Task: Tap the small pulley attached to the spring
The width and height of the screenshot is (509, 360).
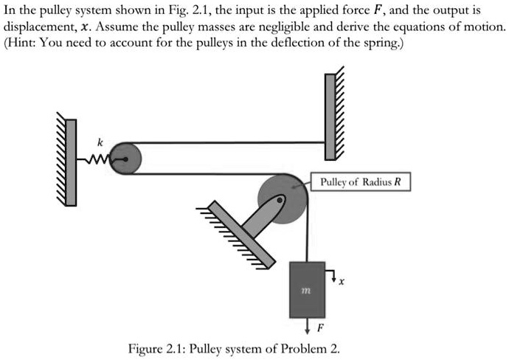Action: (x=125, y=158)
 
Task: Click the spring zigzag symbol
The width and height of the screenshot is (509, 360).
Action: (x=97, y=158)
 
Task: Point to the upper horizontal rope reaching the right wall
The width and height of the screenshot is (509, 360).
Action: (x=229, y=142)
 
